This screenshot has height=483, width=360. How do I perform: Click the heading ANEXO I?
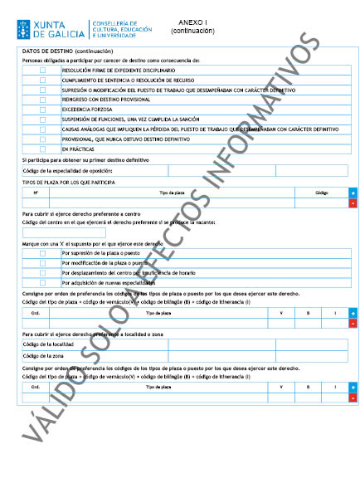193,22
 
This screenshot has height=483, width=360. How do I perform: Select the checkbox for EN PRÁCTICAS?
43,149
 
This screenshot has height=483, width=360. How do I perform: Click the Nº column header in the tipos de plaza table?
36,192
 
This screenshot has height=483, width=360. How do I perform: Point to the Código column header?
322,192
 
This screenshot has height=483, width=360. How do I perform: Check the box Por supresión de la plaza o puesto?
43,252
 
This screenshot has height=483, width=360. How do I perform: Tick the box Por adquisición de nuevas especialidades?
43,282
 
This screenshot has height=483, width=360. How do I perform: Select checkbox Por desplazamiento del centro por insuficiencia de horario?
43,272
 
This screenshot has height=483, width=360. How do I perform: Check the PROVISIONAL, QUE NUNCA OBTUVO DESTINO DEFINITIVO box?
43,139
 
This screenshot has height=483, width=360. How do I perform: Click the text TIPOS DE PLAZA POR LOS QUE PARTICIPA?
68,182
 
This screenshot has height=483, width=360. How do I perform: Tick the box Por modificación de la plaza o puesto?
43,262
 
